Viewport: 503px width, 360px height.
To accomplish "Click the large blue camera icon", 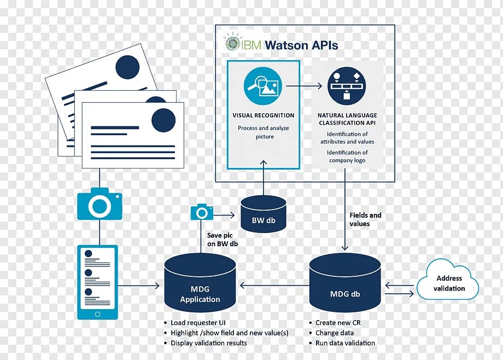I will [x=100, y=205].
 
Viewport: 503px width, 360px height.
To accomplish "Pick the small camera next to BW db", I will [x=202, y=212].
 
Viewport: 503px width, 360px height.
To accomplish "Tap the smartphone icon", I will [x=98, y=282].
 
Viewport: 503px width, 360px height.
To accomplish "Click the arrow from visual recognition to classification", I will [x=304, y=85].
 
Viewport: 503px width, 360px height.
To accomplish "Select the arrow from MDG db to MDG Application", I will [x=273, y=285].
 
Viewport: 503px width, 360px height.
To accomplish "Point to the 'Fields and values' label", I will [x=365, y=219].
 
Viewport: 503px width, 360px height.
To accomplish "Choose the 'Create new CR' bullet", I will [x=338, y=323].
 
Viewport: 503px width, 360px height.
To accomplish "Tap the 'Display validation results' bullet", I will [x=208, y=343].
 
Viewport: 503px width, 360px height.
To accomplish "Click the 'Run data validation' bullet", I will [x=345, y=343].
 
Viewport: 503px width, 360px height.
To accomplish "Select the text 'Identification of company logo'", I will [x=347, y=156].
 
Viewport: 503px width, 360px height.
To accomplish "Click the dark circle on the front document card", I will [x=163, y=119].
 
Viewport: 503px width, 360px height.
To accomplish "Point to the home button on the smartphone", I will [x=98, y=314].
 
